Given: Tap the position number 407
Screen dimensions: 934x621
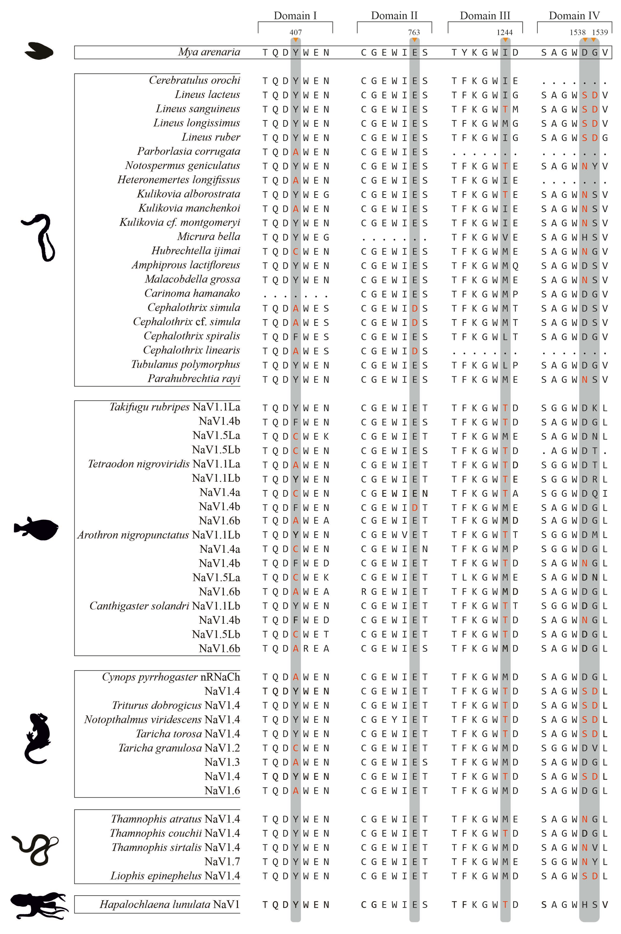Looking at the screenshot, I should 296,33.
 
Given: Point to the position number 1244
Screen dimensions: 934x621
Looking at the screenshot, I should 505,33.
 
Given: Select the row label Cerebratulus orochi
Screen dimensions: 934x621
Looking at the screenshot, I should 195,80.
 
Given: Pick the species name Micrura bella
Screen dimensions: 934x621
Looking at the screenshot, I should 209,237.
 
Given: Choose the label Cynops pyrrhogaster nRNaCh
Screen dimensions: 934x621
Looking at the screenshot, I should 171,677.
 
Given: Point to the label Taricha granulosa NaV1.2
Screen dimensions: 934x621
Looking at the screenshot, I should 179,748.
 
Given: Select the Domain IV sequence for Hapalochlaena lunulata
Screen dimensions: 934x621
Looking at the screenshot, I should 574,905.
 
